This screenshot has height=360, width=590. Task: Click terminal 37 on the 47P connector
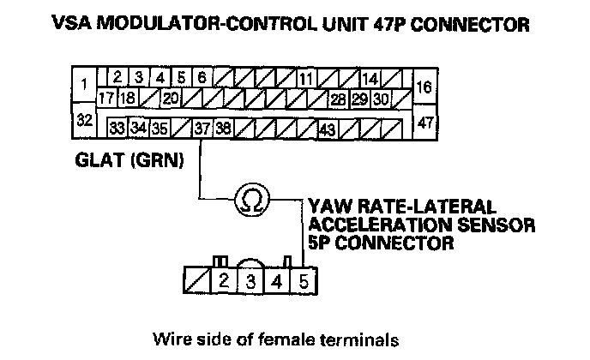pyautogui.click(x=202, y=129)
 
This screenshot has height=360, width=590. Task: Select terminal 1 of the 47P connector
pyautogui.click(x=84, y=85)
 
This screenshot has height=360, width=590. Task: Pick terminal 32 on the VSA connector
pyautogui.click(x=84, y=120)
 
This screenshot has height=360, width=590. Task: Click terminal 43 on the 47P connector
pyautogui.click(x=327, y=129)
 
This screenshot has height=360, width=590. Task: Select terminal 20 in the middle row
pyautogui.click(x=170, y=99)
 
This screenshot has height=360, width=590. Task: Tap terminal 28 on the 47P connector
pyautogui.click(x=338, y=99)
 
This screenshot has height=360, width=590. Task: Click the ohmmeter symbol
pyautogui.click(x=252, y=200)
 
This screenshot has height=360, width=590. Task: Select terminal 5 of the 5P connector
pyautogui.click(x=304, y=279)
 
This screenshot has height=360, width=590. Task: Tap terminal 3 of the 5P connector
pyautogui.click(x=250, y=279)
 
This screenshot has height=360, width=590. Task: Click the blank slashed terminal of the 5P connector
pyautogui.click(x=196, y=279)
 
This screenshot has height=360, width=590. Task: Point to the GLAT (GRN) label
pyautogui.click(x=129, y=159)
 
